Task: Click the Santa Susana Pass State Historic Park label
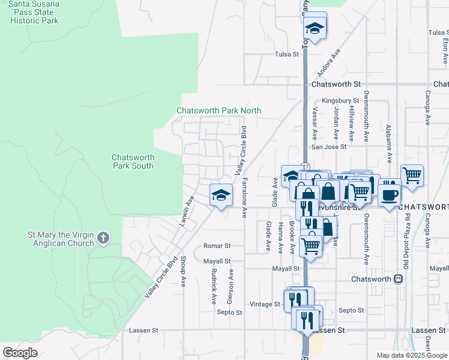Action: click(x=34, y=12)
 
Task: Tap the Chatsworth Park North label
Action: click(x=218, y=110)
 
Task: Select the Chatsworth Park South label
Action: click(x=133, y=161)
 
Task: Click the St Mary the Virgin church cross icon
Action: click(x=103, y=238)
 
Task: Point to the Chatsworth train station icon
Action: click(x=397, y=280)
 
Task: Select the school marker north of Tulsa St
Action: click(x=315, y=28)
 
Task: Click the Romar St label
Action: click(x=217, y=246)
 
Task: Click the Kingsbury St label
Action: click(x=340, y=101)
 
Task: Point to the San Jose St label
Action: click(x=328, y=146)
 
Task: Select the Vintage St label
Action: click(x=265, y=304)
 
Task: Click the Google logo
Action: click(x=20, y=352)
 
